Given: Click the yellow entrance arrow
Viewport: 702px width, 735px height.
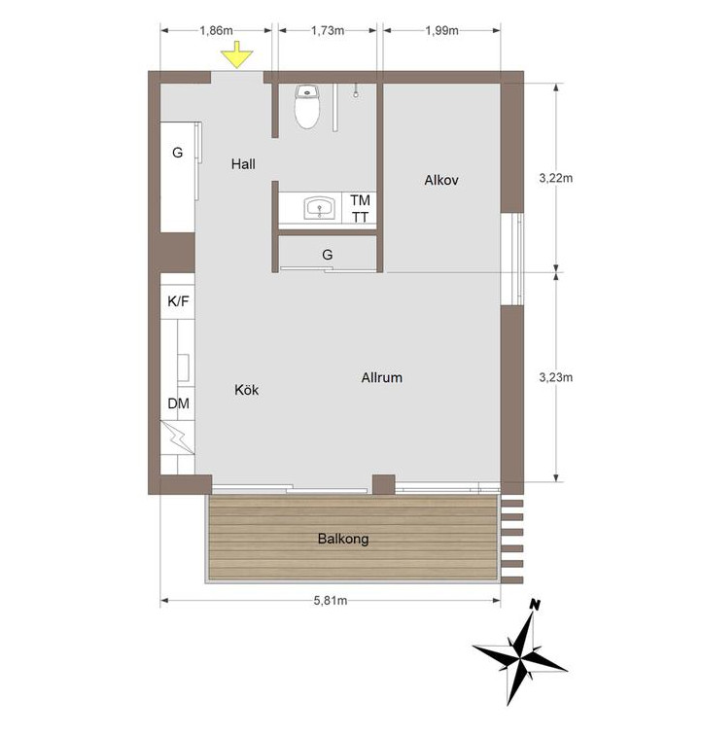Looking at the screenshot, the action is point(237,54).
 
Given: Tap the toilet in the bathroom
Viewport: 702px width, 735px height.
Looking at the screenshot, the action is point(307,106).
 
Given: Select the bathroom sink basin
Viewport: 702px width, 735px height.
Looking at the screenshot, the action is point(320,208).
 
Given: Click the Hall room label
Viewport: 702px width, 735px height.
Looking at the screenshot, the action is point(243,164).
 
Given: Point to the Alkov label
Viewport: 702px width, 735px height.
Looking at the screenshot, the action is point(440,180).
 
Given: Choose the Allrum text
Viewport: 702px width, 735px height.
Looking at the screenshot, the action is point(382,377).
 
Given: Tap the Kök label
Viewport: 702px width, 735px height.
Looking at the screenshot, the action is point(246,390).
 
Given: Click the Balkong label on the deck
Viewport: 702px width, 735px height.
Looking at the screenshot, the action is point(343,539).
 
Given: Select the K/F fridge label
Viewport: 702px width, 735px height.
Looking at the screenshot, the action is point(178,301).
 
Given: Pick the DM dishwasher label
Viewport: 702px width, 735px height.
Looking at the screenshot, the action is point(178,403).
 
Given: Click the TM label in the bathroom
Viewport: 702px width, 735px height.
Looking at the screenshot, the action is point(360,200).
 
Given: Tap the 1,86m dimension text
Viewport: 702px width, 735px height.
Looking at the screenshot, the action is point(216,30).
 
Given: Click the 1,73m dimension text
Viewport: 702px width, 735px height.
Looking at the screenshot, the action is point(328,30).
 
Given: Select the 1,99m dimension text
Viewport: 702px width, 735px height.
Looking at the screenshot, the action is point(441,30).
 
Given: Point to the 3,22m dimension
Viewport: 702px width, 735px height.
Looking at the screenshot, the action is point(556,178).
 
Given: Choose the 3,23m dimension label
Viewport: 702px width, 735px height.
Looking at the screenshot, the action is point(556,377).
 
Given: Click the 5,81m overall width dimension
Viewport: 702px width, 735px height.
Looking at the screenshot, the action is point(331,601).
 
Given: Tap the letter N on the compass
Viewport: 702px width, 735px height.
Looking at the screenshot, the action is point(534,605).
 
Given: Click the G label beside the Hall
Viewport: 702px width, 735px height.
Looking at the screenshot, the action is point(177,153).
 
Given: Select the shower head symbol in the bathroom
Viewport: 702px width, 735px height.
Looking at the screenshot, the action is point(357,91).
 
